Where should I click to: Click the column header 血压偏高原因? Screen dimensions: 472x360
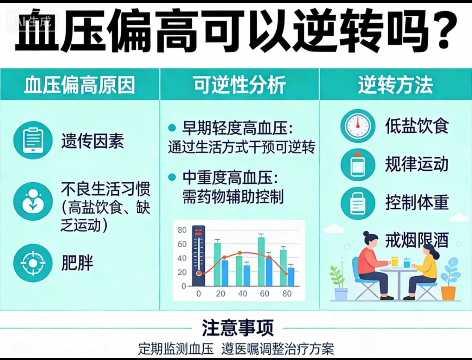(x=79, y=85)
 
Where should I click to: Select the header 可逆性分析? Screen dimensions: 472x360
(x=239, y=85)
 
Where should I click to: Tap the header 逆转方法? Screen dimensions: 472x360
(x=395, y=85)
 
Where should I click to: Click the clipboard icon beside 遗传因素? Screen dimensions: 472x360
(x=33, y=140)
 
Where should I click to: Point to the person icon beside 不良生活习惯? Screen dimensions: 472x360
(x=33, y=201)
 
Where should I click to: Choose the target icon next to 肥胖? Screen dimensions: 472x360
(x=33, y=263)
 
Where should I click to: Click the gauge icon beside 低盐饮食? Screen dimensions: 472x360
(x=358, y=126)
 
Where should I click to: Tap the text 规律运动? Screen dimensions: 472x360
(x=417, y=164)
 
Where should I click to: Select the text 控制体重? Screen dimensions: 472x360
(x=417, y=202)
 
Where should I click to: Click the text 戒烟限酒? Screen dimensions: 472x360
(x=417, y=240)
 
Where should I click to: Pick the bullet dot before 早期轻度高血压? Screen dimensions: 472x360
(x=172, y=128)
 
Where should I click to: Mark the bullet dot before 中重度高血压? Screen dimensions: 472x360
(x=172, y=177)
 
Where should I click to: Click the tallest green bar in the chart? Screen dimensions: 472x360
(x=261, y=262)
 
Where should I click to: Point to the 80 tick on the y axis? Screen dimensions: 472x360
(x=182, y=230)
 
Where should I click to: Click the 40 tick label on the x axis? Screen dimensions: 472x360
(x=242, y=293)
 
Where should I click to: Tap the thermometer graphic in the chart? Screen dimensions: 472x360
(x=198, y=256)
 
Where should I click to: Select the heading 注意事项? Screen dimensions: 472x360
(x=238, y=328)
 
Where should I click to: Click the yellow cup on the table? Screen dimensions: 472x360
(x=395, y=261)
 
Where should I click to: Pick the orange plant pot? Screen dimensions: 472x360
(x=448, y=293)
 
